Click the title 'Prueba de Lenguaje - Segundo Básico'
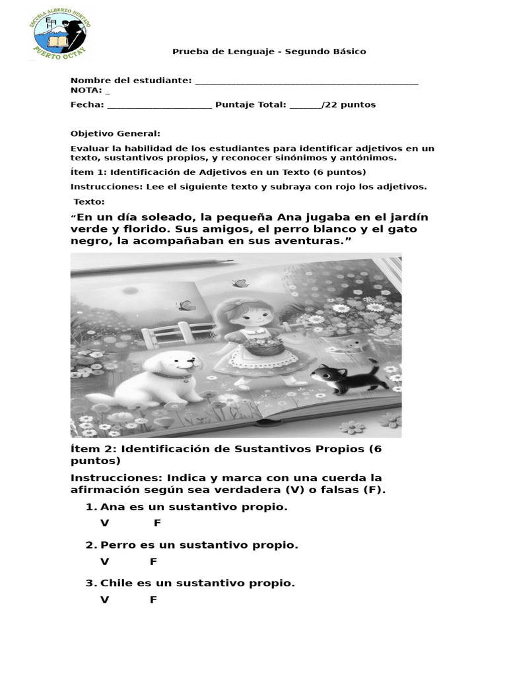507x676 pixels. pos(269,51)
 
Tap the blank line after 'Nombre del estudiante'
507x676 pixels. pos(307,81)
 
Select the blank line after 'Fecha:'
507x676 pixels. pos(159,105)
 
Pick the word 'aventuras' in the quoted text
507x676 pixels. pos(304,241)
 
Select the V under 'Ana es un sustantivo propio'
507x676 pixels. pos(104,524)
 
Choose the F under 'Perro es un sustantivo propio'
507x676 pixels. pos(153,562)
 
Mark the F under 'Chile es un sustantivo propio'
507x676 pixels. pos(153,600)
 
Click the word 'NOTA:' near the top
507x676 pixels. pos(86,90)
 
